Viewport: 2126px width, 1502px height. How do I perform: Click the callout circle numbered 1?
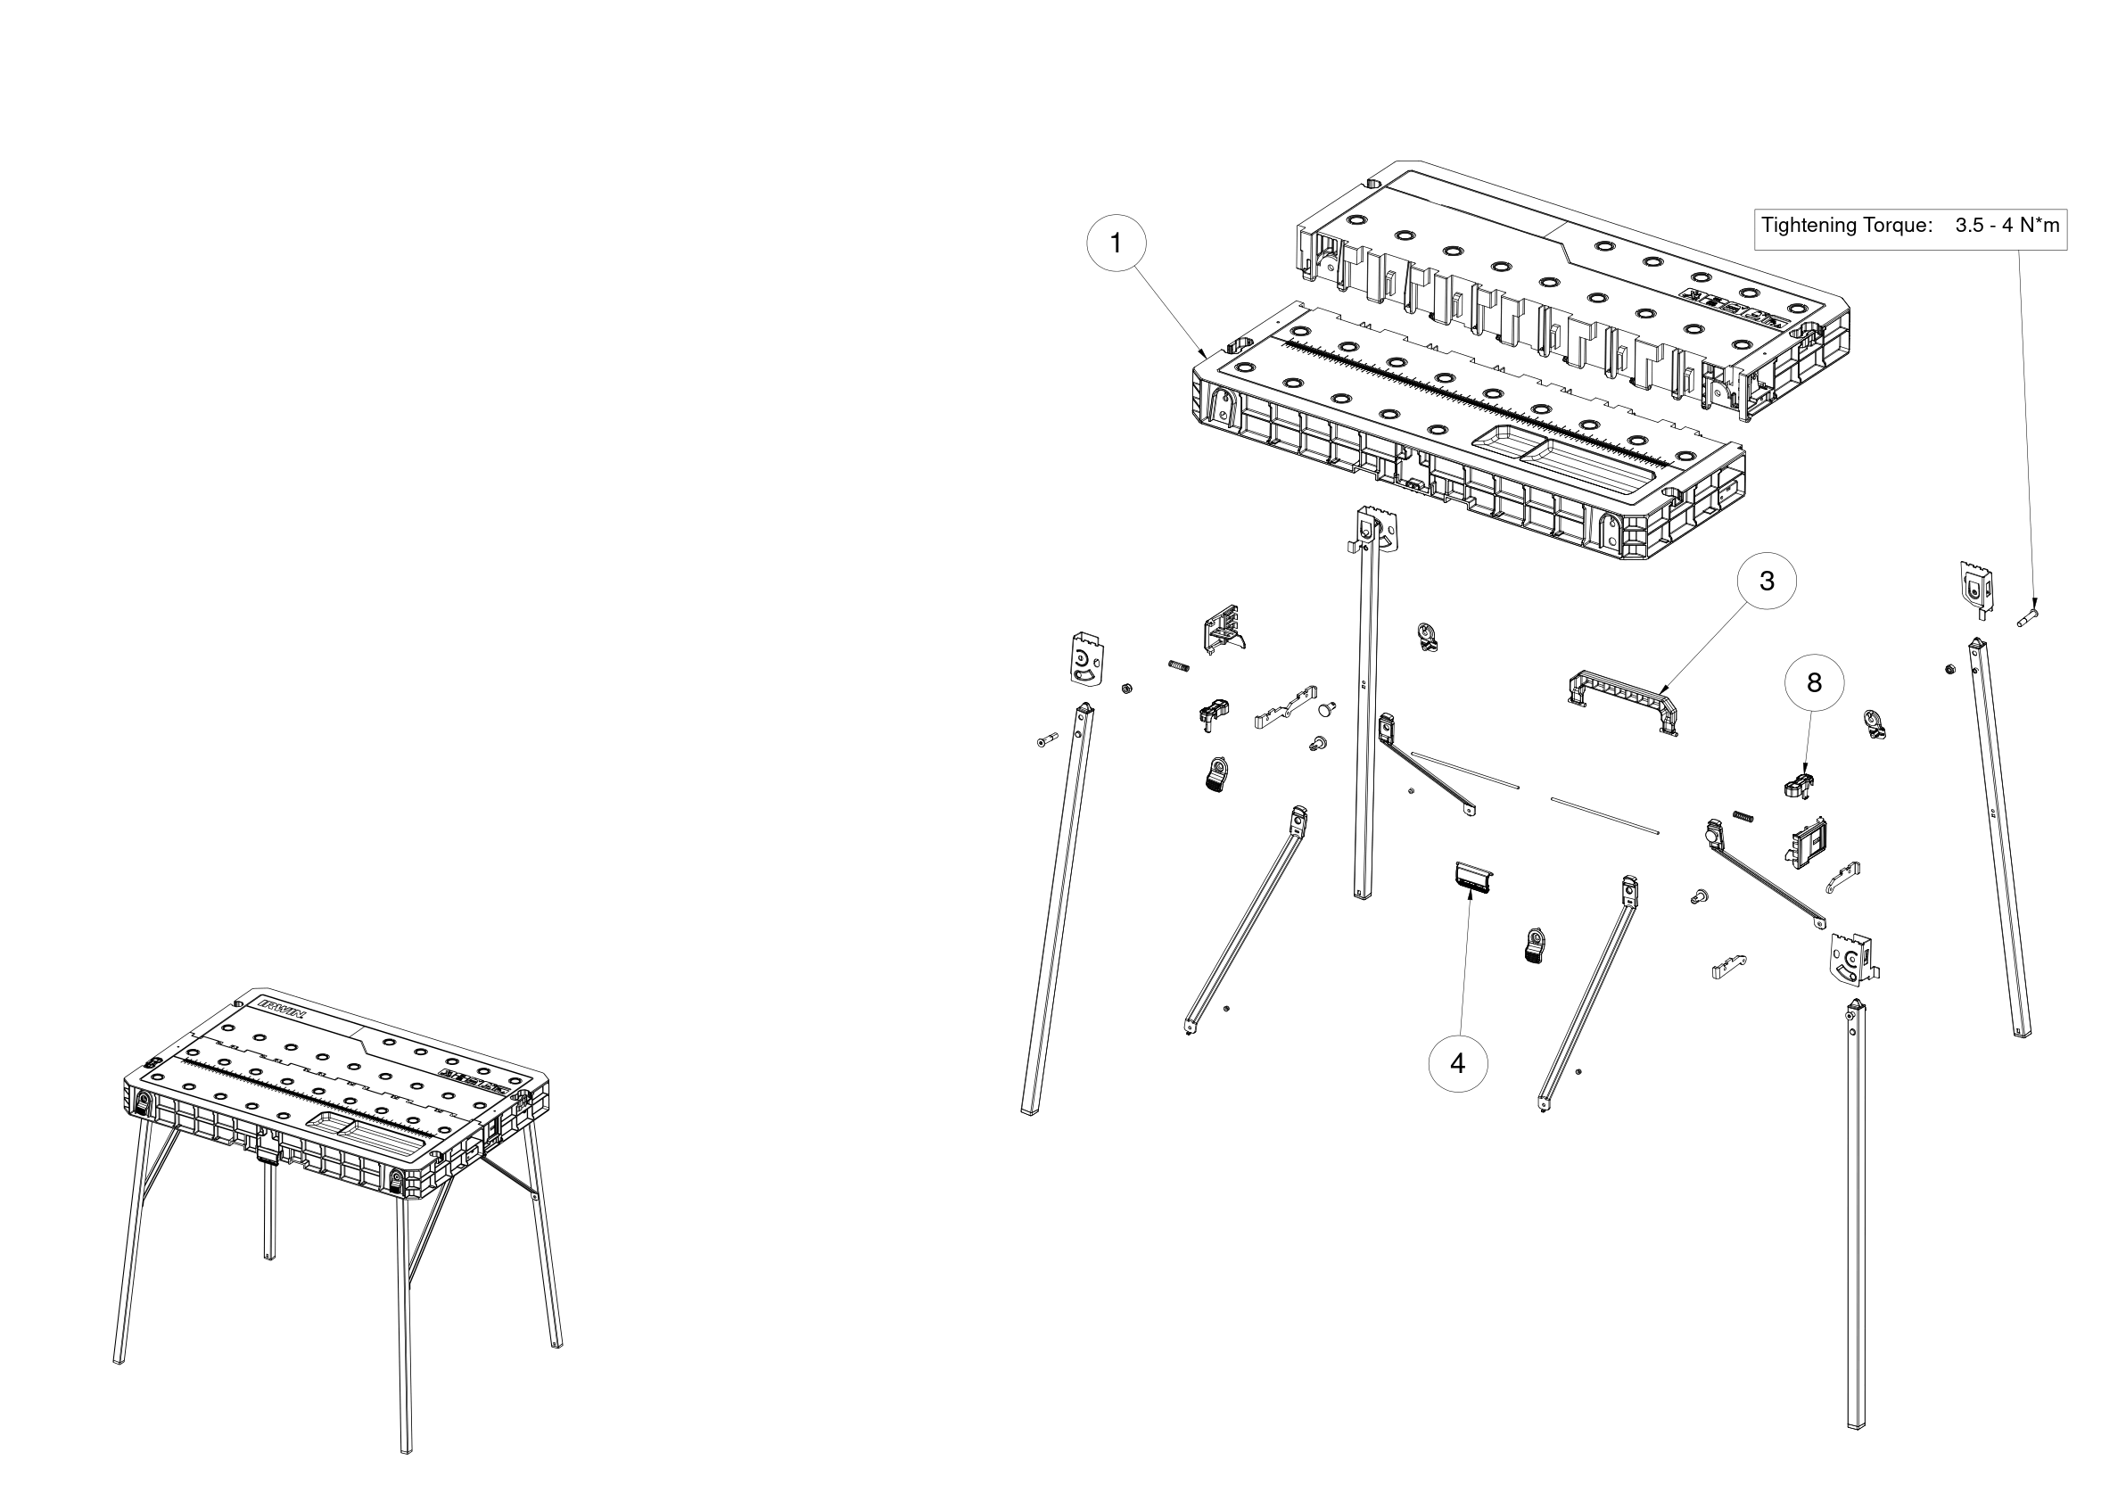pos(1116,243)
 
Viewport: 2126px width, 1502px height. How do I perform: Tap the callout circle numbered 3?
pos(1767,581)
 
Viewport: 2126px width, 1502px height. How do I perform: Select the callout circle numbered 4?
pos(1458,1064)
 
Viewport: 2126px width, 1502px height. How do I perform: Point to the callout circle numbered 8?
pos(1814,682)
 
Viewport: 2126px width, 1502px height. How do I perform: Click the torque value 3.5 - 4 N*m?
pos(2007,225)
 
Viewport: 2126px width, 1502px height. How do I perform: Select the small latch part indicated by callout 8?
pos(1798,783)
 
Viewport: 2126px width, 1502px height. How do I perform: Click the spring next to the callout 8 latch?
pos(1743,816)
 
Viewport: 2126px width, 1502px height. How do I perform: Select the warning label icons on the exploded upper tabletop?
pos(1731,308)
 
